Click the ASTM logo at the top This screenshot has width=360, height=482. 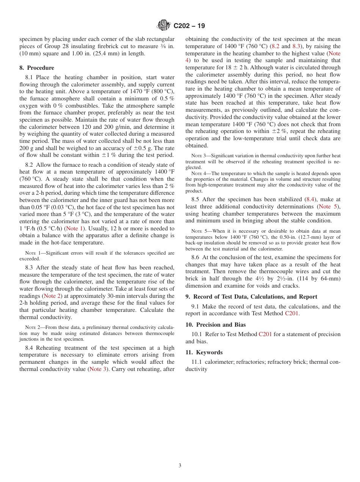(x=164, y=26)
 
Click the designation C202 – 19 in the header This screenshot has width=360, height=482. (x=189, y=26)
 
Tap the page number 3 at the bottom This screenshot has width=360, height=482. (x=180, y=465)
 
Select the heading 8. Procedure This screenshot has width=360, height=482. (x=37, y=68)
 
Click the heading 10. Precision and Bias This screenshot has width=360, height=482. (x=215, y=325)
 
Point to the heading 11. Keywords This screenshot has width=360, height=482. (x=204, y=352)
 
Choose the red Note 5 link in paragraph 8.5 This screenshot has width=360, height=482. (x=329, y=207)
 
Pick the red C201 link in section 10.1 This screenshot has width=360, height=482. (x=265, y=334)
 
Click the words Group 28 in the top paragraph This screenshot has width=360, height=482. (x=50, y=46)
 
